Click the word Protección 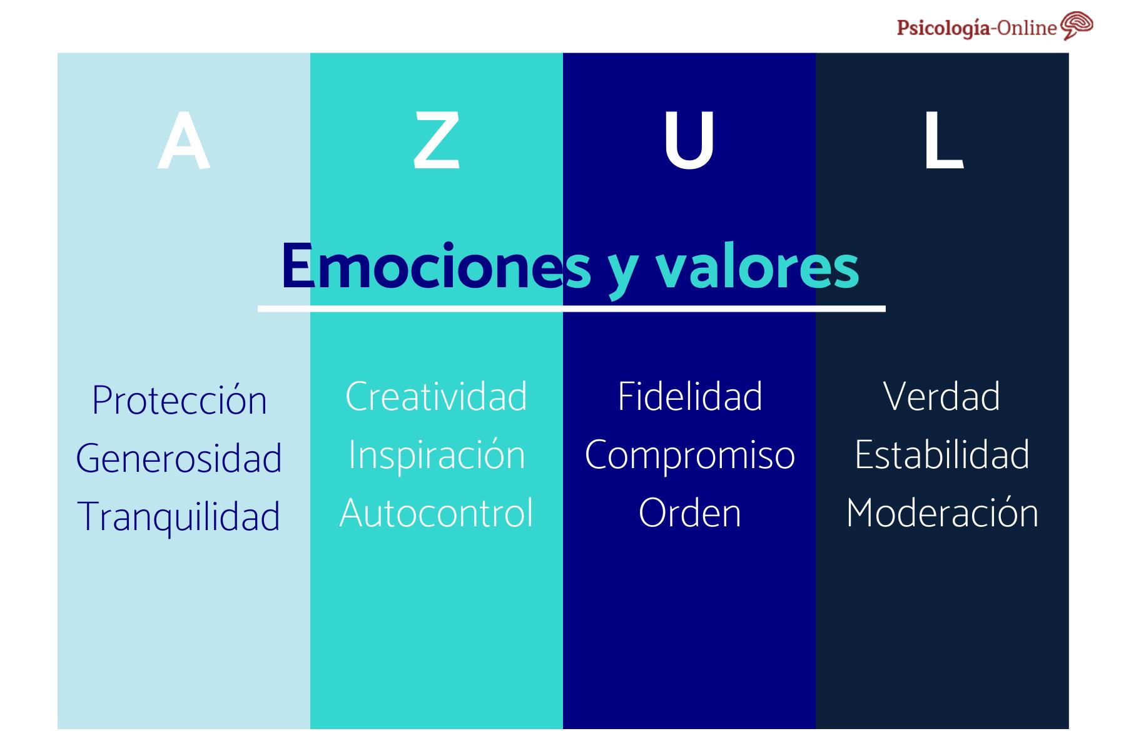point(180,400)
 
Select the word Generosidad point(179,458)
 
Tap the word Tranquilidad point(179,517)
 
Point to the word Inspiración point(436,455)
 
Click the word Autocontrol point(436,513)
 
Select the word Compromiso point(690,455)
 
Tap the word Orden point(690,513)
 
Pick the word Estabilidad point(942,455)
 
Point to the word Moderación point(942,513)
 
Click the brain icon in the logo point(1077,26)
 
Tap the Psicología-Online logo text point(976,28)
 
